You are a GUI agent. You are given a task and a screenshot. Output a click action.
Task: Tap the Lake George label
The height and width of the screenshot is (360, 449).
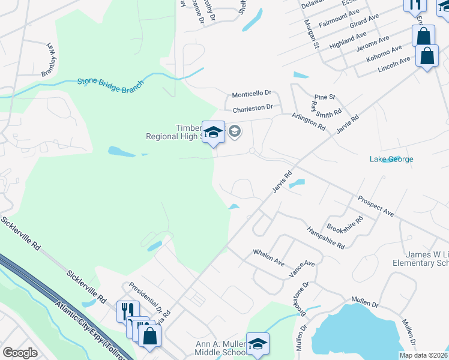(x=391, y=160)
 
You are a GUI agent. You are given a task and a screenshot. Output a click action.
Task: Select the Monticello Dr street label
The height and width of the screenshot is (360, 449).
(x=252, y=94)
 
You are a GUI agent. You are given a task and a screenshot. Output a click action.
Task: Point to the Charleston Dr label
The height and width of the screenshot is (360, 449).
(x=253, y=108)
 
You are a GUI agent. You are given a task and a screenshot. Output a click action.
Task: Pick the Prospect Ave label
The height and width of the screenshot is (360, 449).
(x=375, y=206)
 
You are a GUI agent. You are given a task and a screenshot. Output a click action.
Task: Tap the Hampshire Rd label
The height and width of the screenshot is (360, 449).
(x=325, y=238)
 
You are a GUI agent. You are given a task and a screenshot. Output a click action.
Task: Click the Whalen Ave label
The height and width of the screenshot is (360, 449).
(x=268, y=257)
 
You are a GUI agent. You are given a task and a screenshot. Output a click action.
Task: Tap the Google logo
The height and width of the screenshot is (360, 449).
(x=20, y=353)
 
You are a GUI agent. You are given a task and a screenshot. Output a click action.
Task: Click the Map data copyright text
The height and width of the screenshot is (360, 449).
(x=423, y=355)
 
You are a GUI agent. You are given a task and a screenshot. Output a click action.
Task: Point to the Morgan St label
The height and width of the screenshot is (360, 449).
(x=311, y=34)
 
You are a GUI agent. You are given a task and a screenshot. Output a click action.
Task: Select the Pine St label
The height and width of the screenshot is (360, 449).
(x=324, y=97)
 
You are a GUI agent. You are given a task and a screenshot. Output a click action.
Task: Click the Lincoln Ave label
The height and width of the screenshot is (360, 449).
(x=394, y=64)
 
